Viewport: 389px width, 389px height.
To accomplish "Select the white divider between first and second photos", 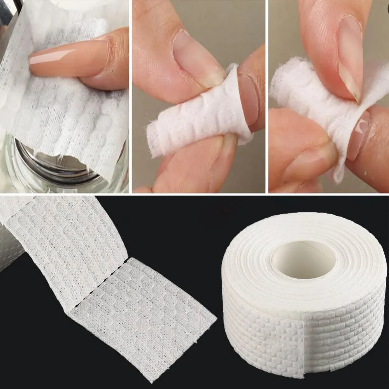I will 130,97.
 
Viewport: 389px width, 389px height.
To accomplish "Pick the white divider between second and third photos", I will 267,97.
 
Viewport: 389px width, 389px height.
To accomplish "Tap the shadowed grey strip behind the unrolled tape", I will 10,249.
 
